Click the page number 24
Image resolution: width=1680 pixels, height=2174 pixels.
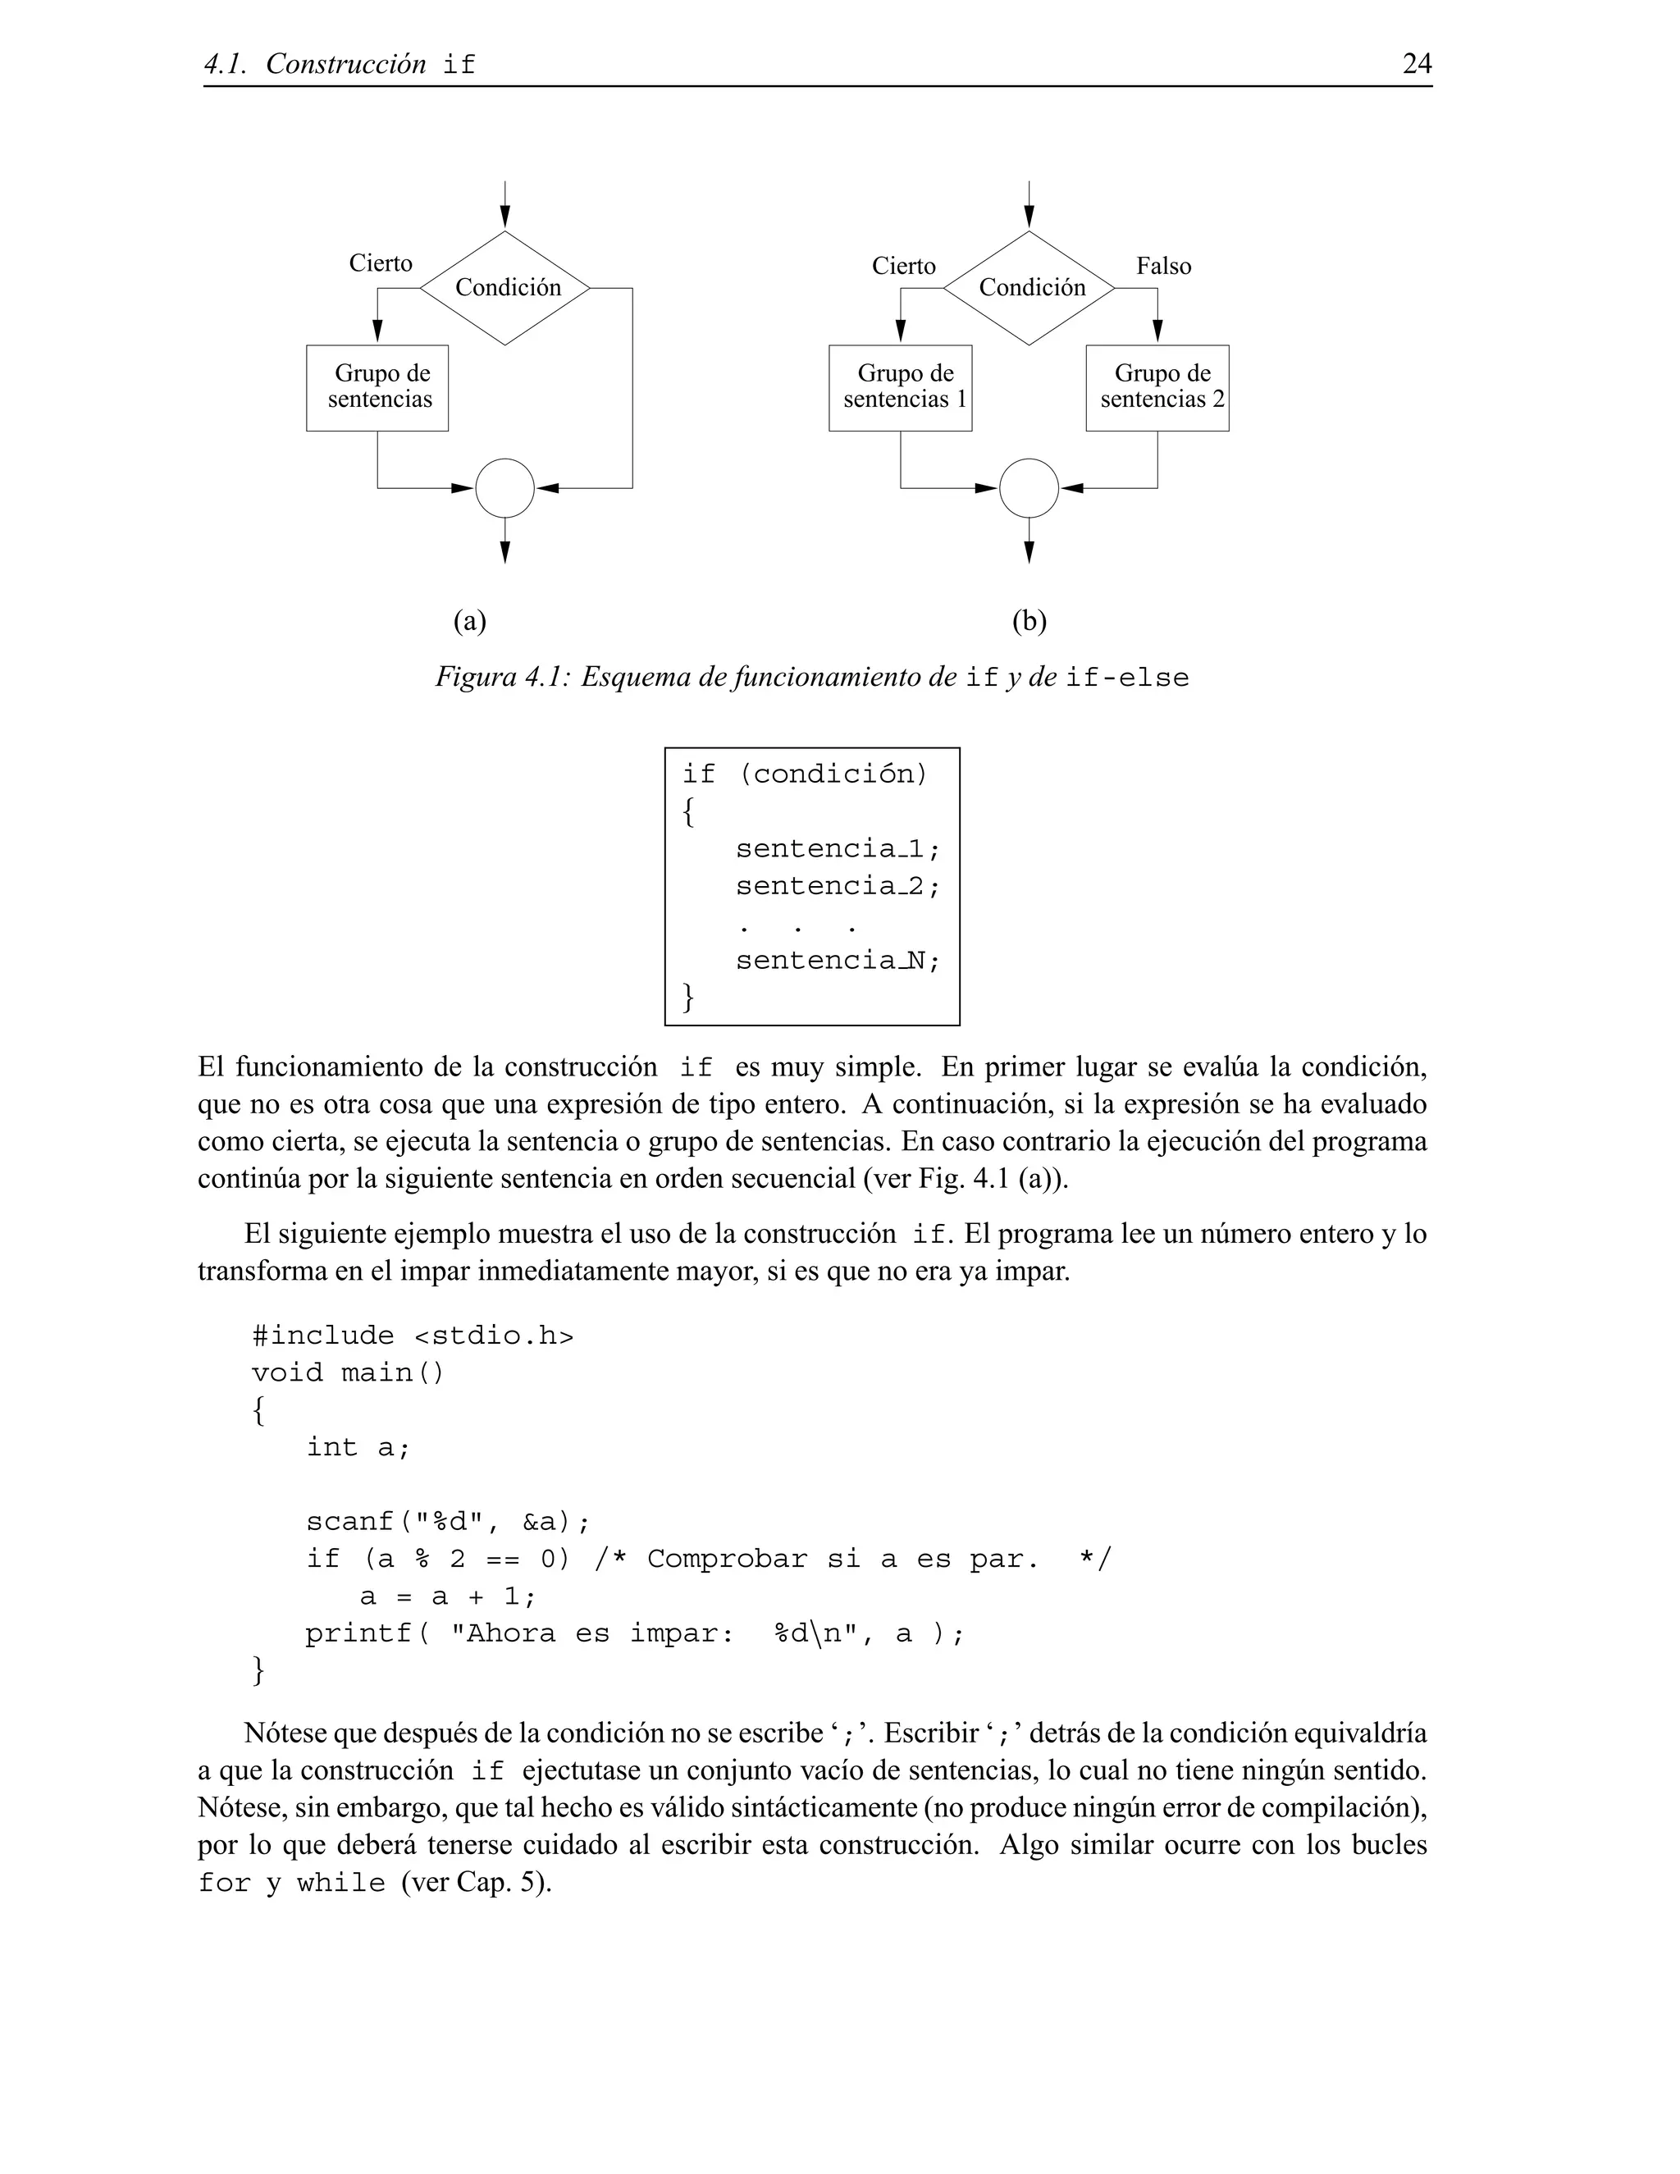1416,64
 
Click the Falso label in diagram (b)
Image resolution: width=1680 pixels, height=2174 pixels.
1162,266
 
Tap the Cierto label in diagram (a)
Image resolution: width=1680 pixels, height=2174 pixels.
380,263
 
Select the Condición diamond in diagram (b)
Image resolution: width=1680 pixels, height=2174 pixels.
1029,288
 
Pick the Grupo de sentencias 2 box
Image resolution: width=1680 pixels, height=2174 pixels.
1157,387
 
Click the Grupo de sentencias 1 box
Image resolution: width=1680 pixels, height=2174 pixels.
900,387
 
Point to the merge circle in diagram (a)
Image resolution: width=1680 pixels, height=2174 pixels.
504,488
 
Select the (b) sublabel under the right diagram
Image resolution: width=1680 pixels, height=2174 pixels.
1029,621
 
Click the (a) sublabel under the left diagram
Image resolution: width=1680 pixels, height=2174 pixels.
470,621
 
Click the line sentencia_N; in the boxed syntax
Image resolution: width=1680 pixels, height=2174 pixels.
837,961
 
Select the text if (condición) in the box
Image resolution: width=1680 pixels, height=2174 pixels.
804,774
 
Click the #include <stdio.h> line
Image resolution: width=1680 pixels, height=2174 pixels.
412,1335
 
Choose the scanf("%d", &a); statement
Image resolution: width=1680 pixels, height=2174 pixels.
447,1522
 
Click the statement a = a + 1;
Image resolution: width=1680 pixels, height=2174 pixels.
447,1596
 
